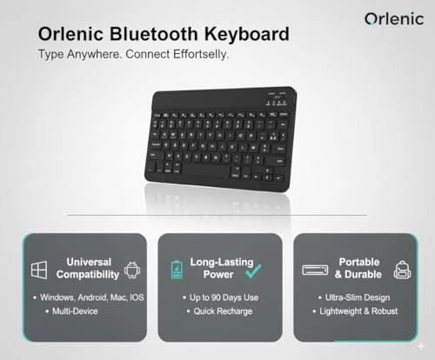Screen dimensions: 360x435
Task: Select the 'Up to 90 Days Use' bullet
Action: coord(222,297)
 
